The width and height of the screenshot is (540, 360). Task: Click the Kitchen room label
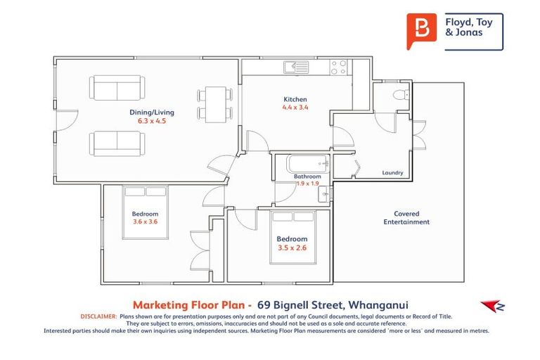[x=295, y=99]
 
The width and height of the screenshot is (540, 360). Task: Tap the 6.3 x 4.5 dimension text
[x=151, y=120]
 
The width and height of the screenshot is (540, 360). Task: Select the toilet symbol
[x=399, y=95]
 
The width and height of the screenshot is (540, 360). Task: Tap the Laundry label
[x=392, y=172]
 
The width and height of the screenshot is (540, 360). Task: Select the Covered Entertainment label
[x=406, y=217]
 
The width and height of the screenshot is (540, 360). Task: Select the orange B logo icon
[x=421, y=31]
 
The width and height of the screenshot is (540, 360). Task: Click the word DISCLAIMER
[x=98, y=317]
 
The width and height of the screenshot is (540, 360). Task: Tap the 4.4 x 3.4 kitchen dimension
[x=295, y=108]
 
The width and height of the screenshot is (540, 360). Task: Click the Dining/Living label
[x=151, y=112]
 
